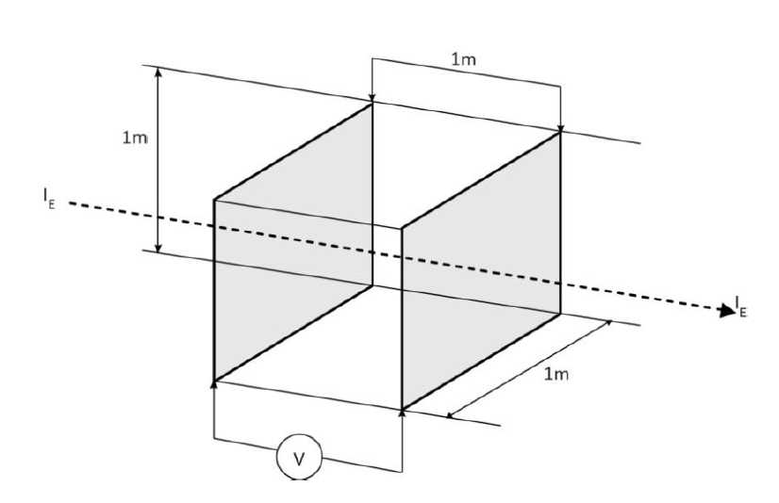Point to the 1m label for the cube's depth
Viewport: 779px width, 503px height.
556,376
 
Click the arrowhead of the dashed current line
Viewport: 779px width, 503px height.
725,309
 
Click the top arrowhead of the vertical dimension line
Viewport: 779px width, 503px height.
158,71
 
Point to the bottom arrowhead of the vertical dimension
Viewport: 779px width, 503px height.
158,248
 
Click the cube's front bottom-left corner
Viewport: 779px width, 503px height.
215,381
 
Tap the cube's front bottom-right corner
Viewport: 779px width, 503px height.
403,410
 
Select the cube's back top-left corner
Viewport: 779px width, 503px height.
373,103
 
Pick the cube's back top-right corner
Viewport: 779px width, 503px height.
561,132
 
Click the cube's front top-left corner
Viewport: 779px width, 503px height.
215,199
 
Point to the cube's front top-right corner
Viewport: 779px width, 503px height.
403,228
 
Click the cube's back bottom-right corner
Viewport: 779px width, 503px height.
561,314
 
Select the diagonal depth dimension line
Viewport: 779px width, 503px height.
528,367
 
